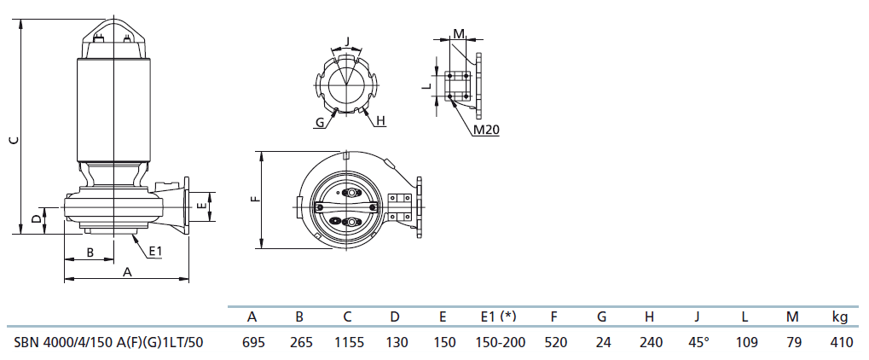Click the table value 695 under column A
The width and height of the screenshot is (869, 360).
click(x=253, y=343)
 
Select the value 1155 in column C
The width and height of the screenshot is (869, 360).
click(x=349, y=343)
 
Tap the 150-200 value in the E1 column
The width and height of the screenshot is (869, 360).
click(x=500, y=343)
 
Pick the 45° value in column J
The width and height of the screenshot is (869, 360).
click(x=698, y=343)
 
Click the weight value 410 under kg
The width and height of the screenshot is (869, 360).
click(x=842, y=343)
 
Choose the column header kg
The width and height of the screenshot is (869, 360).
click(x=840, y=317)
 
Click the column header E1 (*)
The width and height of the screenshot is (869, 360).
click(x=498, y=316)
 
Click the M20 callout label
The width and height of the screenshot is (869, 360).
click(x=487, y=130)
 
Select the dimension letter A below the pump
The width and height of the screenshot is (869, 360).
click(x=127, y=272)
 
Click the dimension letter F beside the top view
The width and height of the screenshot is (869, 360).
click(x=254, y=198)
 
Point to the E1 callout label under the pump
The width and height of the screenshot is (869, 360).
click(x=156, y=252)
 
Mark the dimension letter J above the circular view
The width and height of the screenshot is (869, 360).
click(x=347, y=41)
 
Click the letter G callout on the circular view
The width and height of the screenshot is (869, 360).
click(x=320, y=122)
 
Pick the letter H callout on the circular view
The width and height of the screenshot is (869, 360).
click(x=379, y=121)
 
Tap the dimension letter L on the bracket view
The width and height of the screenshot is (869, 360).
click(x=426, y=86)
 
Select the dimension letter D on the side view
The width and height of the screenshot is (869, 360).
click(x=36, y=220)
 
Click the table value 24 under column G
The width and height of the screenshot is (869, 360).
click(x=602, y=343)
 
